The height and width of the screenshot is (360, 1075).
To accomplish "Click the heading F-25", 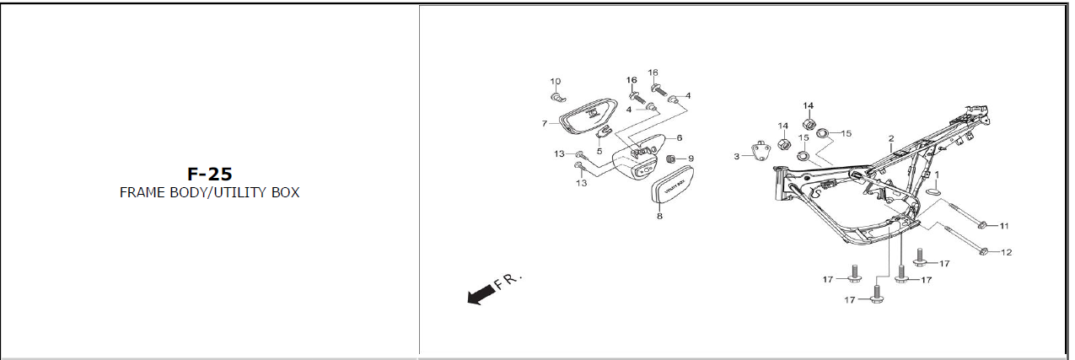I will [x=209, y=175].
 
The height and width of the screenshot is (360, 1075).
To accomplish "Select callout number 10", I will [x=556, y=82].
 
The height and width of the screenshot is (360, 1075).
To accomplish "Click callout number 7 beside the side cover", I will [x=545, y=124].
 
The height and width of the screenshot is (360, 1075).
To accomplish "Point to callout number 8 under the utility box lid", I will [x=659, y=216].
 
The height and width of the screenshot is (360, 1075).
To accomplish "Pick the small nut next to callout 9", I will [x=672, y=159].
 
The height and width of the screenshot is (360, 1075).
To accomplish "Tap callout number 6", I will [x=679, y=137].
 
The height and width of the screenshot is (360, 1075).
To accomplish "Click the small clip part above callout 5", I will [x=602, y=132].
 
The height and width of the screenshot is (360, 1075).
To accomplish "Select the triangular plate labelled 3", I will [x=760, y=153].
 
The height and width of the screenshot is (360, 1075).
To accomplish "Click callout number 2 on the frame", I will [x=890, y=137].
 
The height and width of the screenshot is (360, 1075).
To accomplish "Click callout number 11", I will [x=1004, y=226].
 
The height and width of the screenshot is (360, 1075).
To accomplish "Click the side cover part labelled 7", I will [x=586, y=121].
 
